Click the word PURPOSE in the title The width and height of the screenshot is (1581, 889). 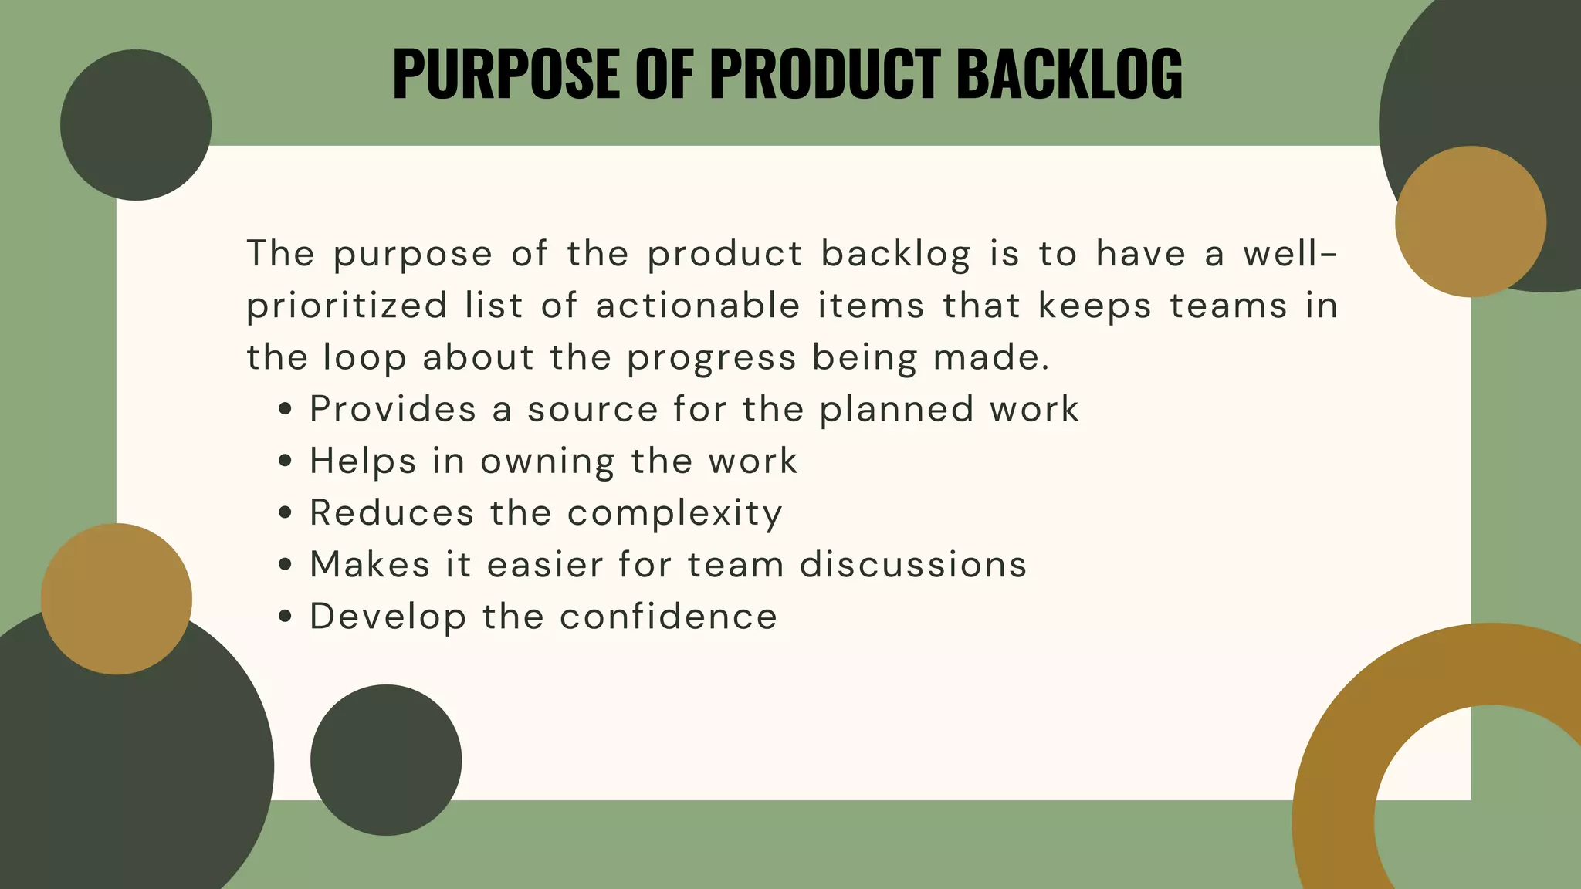(x=506, y=74)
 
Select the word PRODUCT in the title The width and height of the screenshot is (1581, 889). (x=825, y=74)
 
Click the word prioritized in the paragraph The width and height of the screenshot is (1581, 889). (x=347, y=306)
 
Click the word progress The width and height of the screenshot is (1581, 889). (x=711, y=358)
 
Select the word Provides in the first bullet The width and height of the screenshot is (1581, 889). (x=393, y=409)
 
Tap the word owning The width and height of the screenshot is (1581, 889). (x=547, y=461)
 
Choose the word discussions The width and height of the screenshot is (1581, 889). (x=913, y=565)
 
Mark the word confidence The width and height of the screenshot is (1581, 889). (x=668, y=617)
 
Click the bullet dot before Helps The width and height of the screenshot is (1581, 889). (x=286, y=461)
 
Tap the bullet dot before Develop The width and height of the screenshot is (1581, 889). (x=286, y=617)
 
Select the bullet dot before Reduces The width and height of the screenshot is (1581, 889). (x=286, y=513)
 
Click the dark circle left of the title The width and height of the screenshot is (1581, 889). (x=136, y=125)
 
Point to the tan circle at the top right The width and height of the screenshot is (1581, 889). (x=1470, y=221)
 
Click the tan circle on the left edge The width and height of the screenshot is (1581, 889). (x=117, y=599)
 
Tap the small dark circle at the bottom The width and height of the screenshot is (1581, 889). (x=386, y=760)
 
